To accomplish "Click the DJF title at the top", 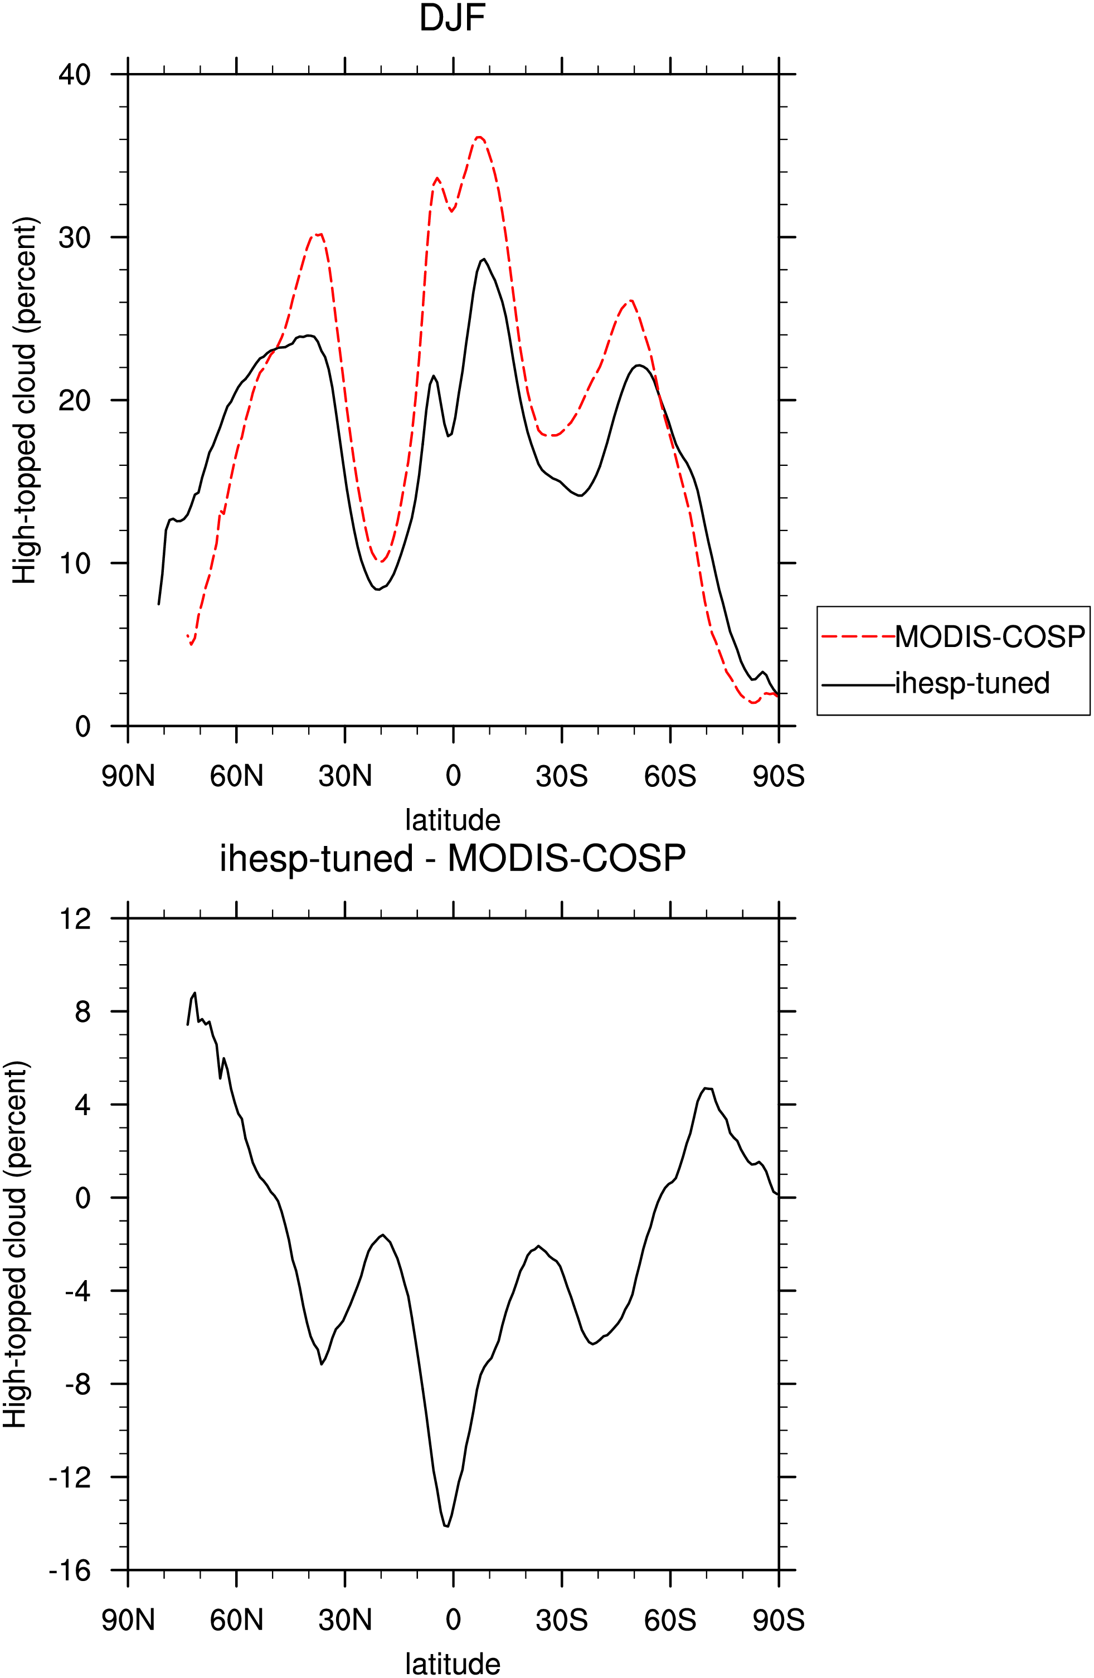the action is [x=453, y=18].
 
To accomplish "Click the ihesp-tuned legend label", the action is [x=972, y=683].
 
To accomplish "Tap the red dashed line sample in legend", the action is [x=858, y=636].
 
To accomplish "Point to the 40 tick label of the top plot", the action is [x=75, y=74].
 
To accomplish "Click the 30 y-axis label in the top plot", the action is [x=75, y=237].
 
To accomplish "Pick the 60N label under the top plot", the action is [x=236, y=776].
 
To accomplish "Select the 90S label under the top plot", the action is [x=778, y=776].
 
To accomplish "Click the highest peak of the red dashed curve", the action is [x=479, y=137].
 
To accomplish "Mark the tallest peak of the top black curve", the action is [x=484, y=260].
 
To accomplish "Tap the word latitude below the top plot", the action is [x=453, y=820].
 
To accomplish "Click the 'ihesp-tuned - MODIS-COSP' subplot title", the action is [x=453, y=858].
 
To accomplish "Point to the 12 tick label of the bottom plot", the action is [x=76, y=918].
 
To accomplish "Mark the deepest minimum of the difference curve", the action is [x=447, y=1526].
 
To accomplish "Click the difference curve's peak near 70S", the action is [x=706, y=1088].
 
